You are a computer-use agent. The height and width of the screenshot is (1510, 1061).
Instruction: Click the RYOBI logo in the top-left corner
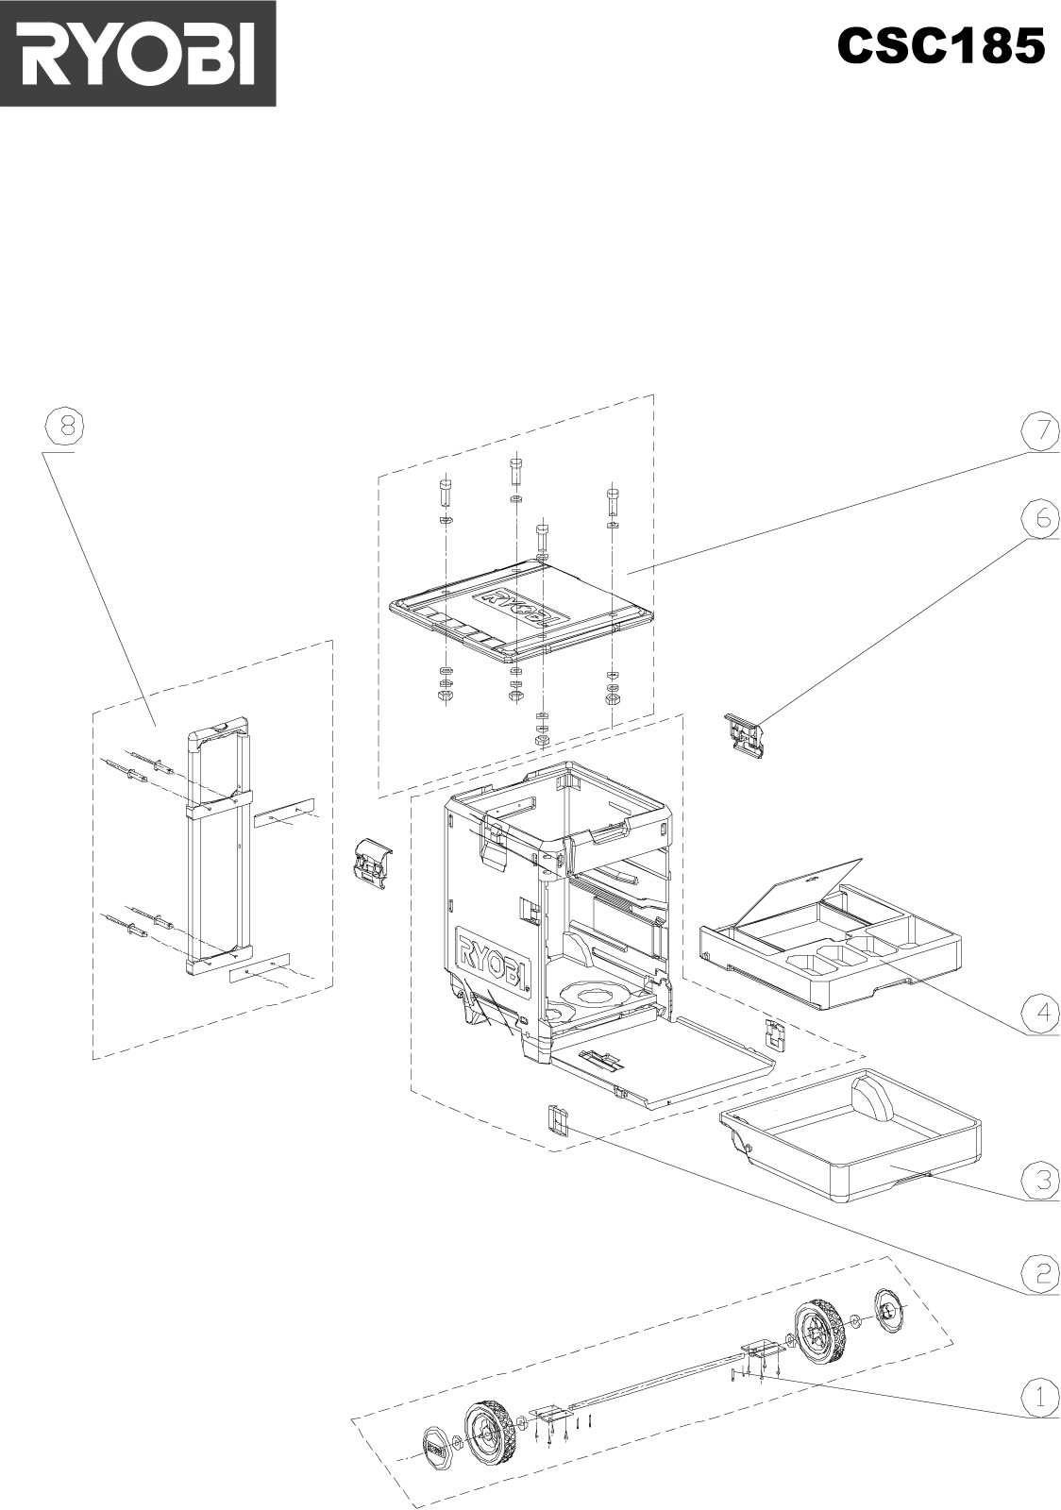click(138, 53)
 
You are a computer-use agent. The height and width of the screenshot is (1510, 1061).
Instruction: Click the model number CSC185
click(940, 46)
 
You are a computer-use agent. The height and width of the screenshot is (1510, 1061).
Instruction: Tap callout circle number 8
click(64, 428)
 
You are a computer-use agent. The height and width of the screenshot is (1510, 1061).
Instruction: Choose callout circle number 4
click(1040, 1013)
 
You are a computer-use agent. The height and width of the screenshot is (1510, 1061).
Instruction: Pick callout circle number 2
click(1040, 1273)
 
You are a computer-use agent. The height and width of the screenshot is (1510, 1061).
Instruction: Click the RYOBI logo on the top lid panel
click(517, 606)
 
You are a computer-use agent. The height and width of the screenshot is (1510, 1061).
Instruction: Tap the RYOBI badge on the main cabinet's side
click(492, 963)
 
